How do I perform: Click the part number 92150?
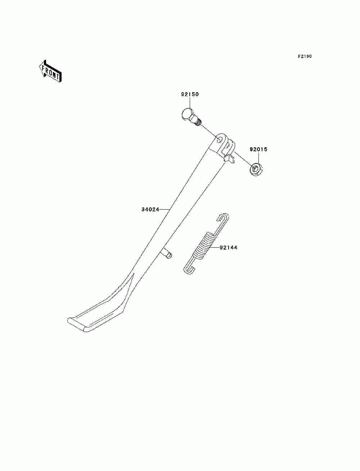190,94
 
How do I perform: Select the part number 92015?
258,149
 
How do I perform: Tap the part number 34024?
150,209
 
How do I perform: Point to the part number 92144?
229,248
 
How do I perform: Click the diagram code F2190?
305,57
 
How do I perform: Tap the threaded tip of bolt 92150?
199,123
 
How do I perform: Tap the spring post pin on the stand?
167,253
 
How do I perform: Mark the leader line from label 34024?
165,209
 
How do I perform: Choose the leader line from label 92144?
214,248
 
